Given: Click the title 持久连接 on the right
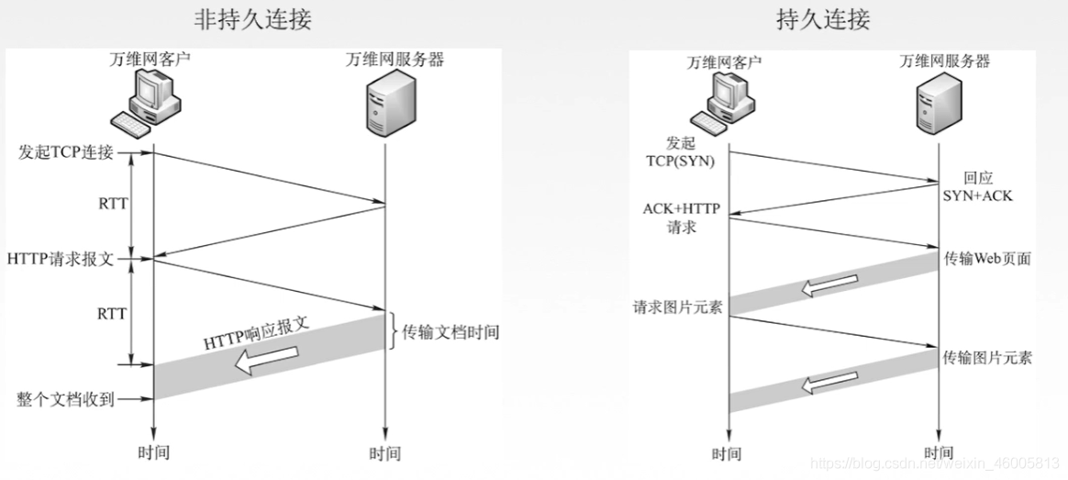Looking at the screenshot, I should (824, 19).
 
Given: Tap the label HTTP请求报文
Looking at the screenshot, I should (60, 259).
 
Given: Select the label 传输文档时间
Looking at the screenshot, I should (451, 332).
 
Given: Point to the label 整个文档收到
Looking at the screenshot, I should (64, 399).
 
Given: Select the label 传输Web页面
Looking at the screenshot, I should (987, 259).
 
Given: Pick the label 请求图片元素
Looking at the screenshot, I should (677, 307).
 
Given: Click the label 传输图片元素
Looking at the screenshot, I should (987, 358).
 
